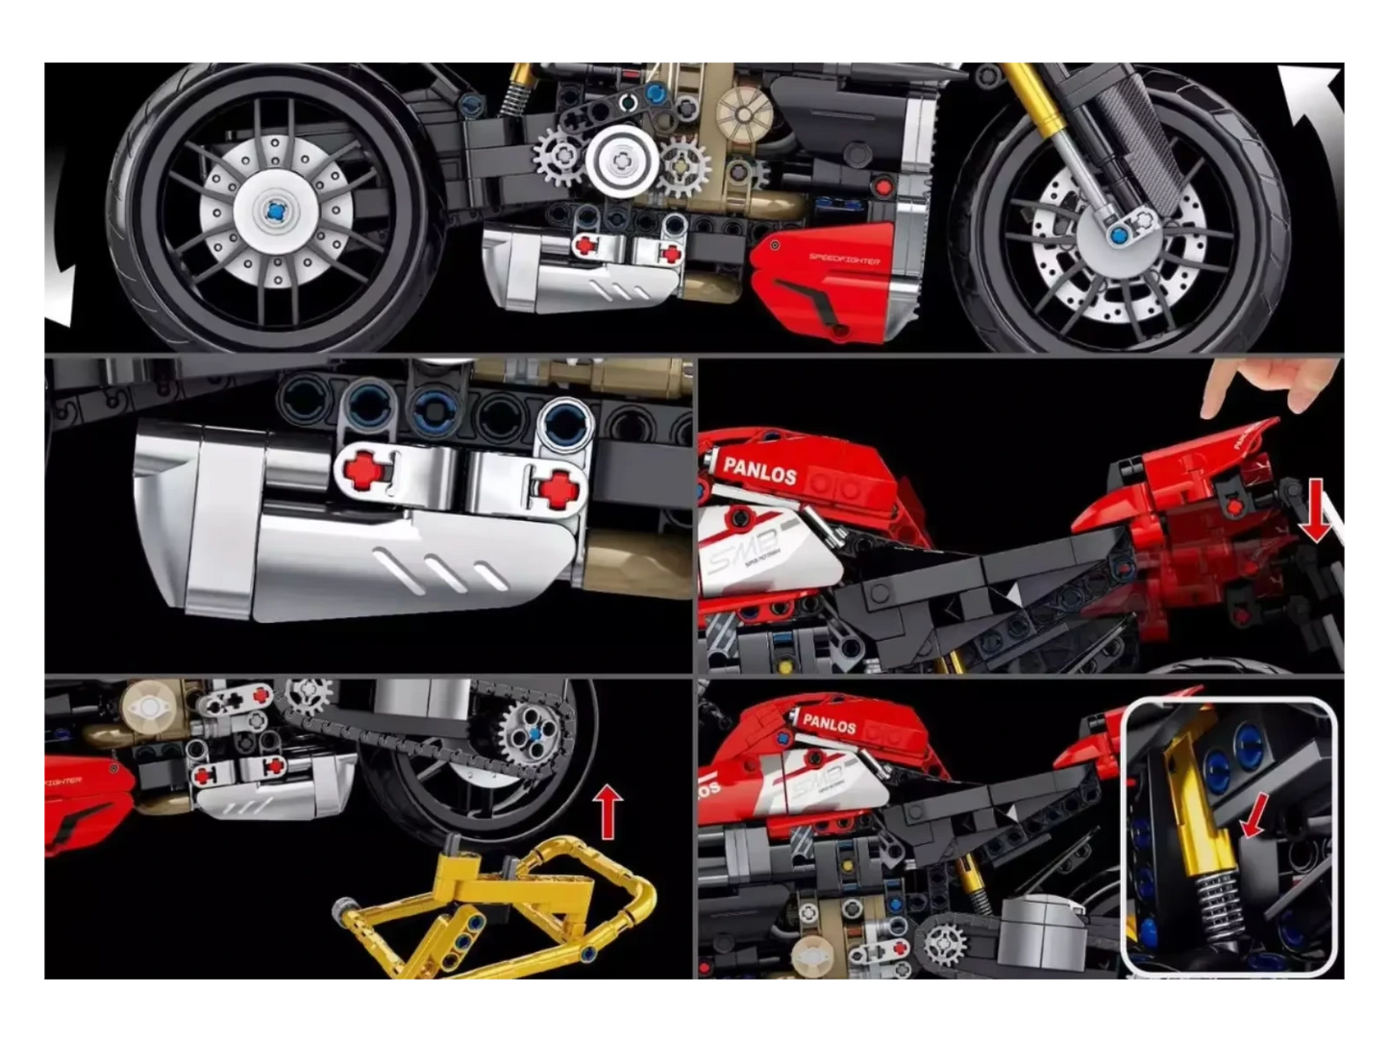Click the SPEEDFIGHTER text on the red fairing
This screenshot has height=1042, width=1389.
(843, 260)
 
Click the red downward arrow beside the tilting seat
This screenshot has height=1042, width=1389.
(1314, 510)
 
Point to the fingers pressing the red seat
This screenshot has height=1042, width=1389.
(1269, 385)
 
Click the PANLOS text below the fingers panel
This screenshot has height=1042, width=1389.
(759, 471)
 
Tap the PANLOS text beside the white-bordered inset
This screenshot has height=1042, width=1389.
(829, 723)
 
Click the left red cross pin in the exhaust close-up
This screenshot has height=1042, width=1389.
(364, 471)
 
